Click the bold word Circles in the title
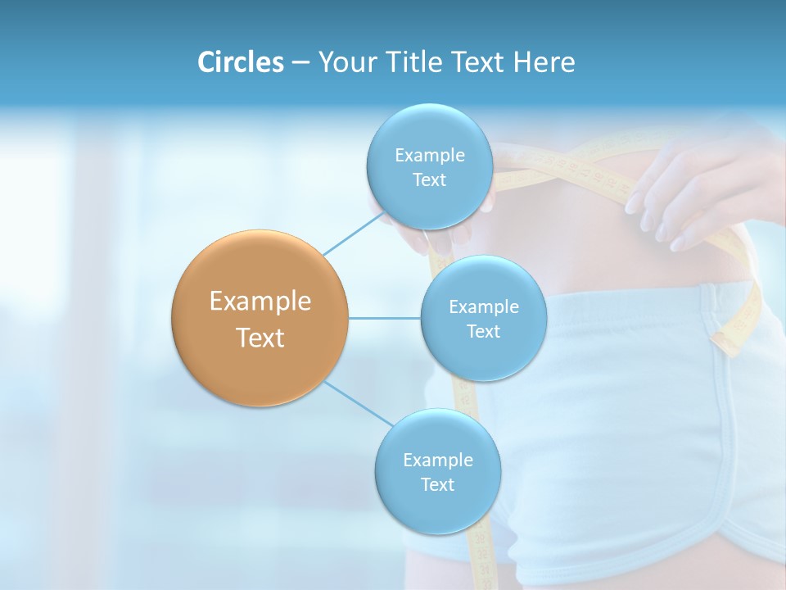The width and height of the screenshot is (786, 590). pyautogui.click(x=240, y=62)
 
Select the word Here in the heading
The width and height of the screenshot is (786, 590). pyautogui.click(x=544, y=62)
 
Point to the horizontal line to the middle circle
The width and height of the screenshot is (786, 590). pyautogui.click(x=384, y=318)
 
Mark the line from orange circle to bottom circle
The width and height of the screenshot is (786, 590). pyautogui.click(x=356, y=402)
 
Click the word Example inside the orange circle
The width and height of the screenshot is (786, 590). pyautogui.click(x=260, y=302)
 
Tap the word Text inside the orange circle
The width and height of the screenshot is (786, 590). pyautogui.click(x=260, y=338)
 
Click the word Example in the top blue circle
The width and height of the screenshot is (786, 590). pyautogui.click(x=429, y=156)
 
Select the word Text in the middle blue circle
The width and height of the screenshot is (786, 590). pyautogui.click(x=483, y=331)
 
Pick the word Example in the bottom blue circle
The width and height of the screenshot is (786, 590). pyautogui.click(x=437, y=461)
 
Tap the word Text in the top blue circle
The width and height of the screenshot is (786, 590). pyautogui.click(x=429, y=180)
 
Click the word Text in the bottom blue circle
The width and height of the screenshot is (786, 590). pyautogui.click(x=437, y=485)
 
